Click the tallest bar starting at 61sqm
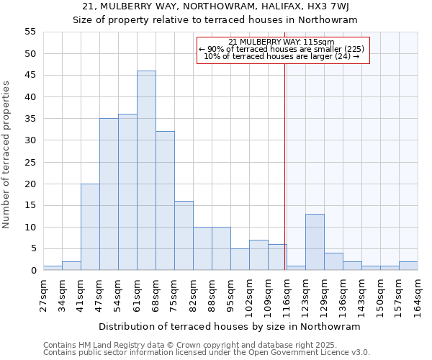[146, 171]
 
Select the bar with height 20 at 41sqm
[90, 227]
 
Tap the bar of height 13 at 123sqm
[315, 242]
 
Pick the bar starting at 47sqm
[109, 194]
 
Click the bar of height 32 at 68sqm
[165, 201]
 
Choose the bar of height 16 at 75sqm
[184, 235]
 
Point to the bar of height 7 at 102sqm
[258, 255]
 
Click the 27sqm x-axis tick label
[43, 294]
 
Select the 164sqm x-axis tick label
[418, 294]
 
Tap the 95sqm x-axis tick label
[230, 294]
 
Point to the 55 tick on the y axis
[30, 32]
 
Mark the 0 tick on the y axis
[33, 271]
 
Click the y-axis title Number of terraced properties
[7, 155]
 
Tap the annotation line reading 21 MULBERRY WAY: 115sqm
[282, 42]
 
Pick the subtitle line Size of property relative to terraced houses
[215, 20]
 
